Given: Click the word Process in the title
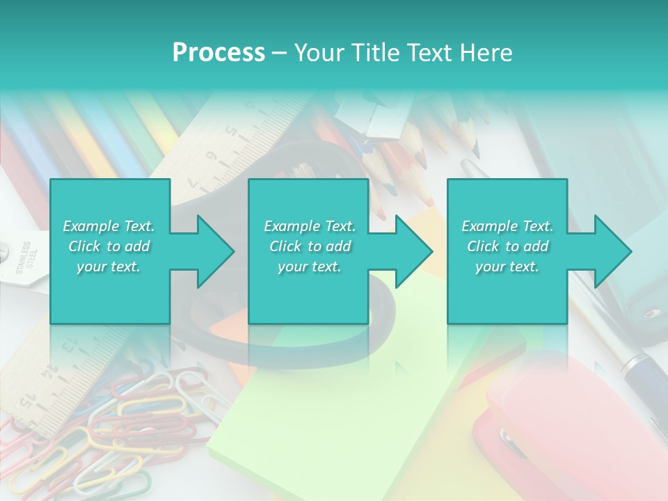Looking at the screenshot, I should tap(218, 53).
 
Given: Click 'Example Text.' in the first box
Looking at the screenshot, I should tap(109, 226).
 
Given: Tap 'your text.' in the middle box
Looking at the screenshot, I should tap(309, 267).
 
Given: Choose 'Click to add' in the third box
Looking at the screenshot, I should tap(507, 246).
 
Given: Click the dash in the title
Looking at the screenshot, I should tap(280, 53).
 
